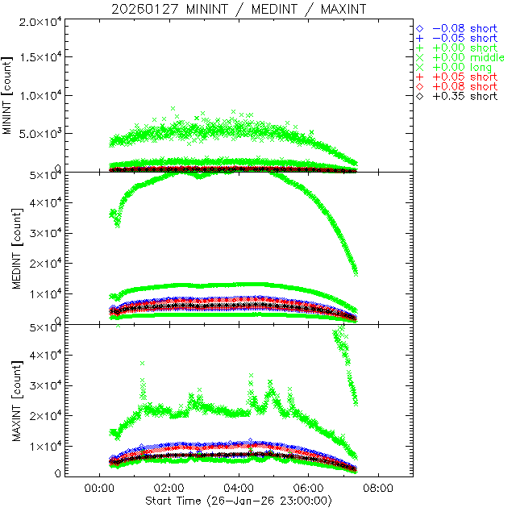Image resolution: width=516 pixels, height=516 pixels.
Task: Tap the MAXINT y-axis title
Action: [x=9, y=400]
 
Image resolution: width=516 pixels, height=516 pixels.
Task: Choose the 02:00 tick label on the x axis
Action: [x=168, y=488]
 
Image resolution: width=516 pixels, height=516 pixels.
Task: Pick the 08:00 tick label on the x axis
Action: [x=378, y=488]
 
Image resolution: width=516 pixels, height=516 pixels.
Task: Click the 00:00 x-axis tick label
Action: [x=98, y=488]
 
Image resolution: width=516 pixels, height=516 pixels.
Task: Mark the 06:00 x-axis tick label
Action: [x=308, y=488]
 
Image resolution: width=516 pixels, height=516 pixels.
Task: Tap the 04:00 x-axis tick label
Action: [x=238, y=488]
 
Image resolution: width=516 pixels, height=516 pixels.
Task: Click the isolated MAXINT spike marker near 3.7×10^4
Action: [x=143, y=364]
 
